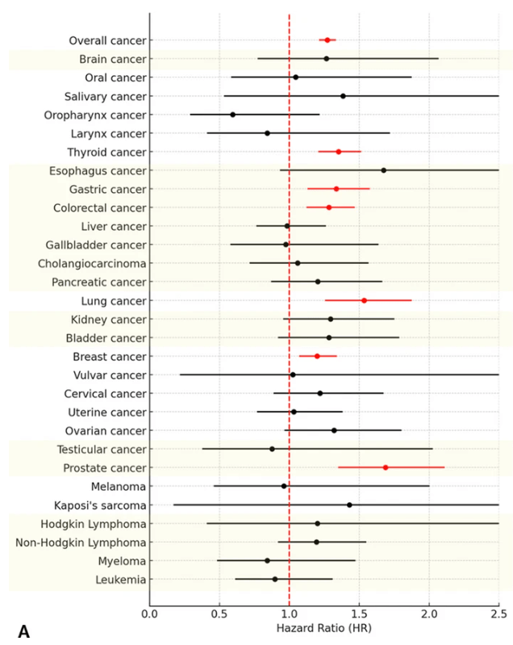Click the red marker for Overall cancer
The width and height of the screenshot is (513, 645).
[327, 40]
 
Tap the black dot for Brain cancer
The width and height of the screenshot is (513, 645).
[327, 59]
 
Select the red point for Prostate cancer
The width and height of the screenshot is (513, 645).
[386, 467]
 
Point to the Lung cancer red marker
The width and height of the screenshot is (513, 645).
[364, 300]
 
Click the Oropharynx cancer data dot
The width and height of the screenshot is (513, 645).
[233, 115]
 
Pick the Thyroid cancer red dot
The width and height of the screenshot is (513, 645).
[339, 152]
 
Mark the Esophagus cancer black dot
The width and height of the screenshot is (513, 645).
[384, 170]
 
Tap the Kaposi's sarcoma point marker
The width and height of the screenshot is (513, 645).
[349, 505]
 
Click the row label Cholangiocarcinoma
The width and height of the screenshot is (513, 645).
[92, 263]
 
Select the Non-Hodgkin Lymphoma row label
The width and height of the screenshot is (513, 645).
[81, 542]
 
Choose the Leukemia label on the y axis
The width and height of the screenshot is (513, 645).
[119, 580]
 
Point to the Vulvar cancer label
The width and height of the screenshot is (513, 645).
[109, 375]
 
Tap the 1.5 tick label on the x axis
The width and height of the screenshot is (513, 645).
[359, 615]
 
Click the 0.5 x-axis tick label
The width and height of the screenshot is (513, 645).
[219, 615]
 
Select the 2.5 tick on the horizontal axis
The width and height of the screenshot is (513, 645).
[498, 615]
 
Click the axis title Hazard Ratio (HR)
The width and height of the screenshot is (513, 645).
[323, 629]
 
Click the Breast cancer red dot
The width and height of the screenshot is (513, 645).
[317, 356]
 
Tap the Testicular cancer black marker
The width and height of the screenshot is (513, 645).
[272, 449]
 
